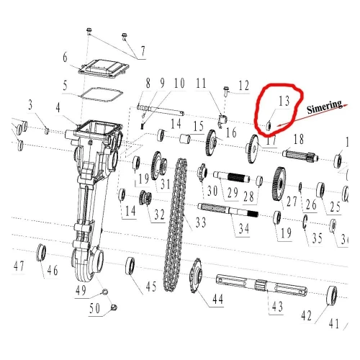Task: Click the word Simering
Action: pos(325,107)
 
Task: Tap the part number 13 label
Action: pos(284,101)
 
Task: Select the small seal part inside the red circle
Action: pos(269,126)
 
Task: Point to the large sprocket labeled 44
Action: pos(197,276)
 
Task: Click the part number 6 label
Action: pos(65,58)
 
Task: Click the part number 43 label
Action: pos(277,306)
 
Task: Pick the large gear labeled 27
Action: pos(279,184)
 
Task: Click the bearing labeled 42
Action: pos(332,295)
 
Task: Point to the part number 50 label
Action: pos(94,308)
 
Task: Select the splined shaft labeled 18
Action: pos(300,156)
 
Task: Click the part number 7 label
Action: pos(143,51)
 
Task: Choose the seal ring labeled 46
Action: pos(41,253)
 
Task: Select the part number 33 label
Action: pos(201,222)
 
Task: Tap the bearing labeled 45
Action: pos(130,266)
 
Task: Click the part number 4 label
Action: pos(58,108)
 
